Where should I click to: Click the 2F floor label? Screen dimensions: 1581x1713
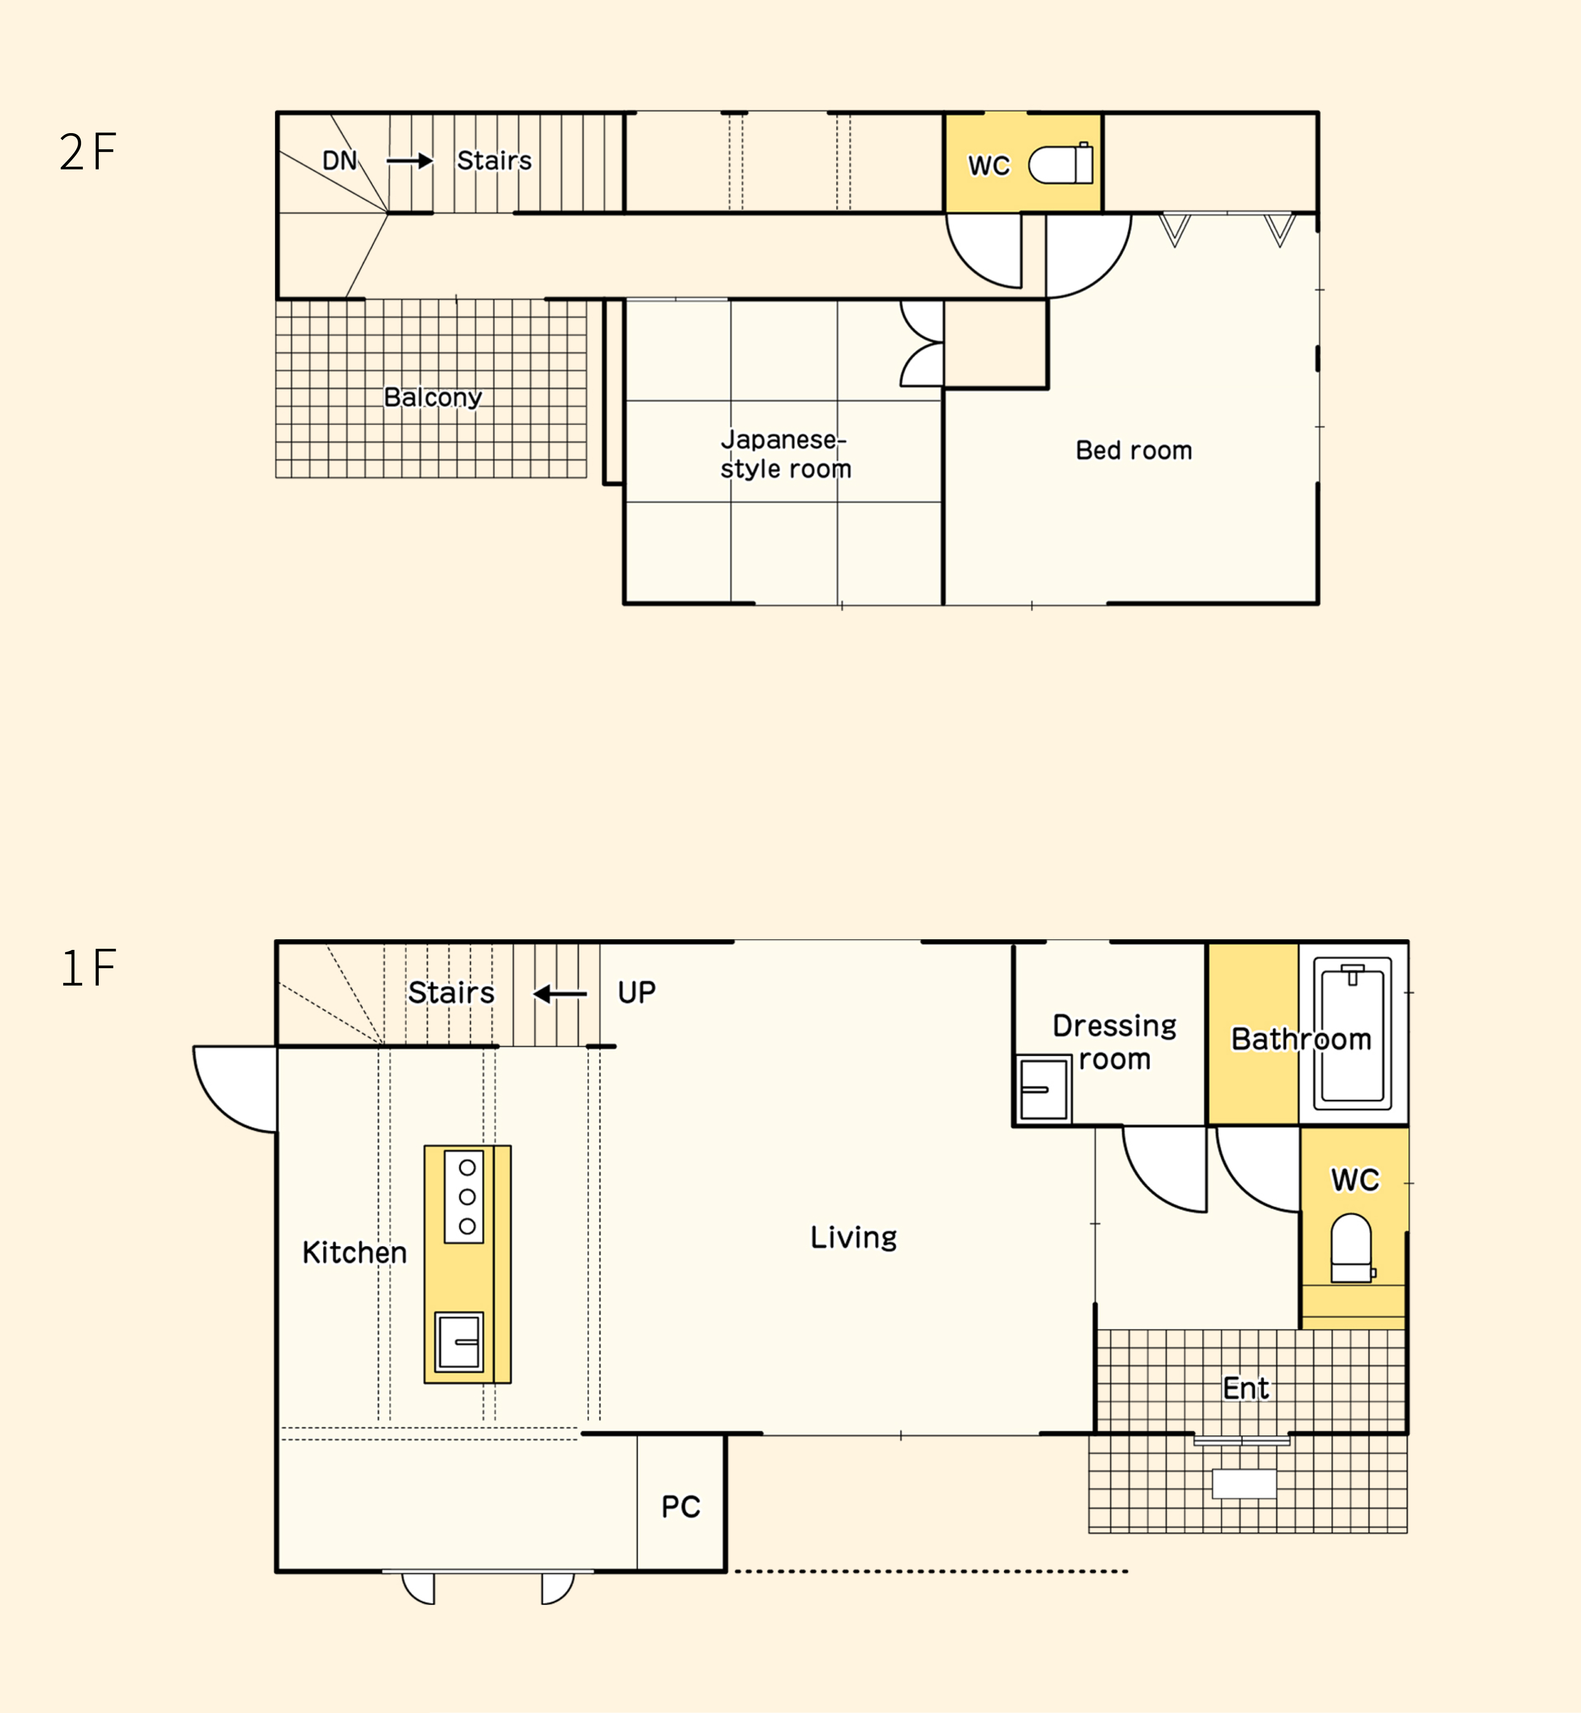pos(87,152)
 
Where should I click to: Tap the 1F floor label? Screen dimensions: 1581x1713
pos(87,968)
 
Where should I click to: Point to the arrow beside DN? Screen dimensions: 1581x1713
pos(410,161)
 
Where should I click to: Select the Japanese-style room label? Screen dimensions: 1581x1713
pos(786,454)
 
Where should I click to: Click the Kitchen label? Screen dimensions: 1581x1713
pos(354,1253)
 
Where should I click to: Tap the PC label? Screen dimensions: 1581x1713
pos(681,1507)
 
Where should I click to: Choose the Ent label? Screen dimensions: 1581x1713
pos(1246,1388)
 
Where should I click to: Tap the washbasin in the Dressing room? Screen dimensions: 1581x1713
pos(1044,1089)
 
